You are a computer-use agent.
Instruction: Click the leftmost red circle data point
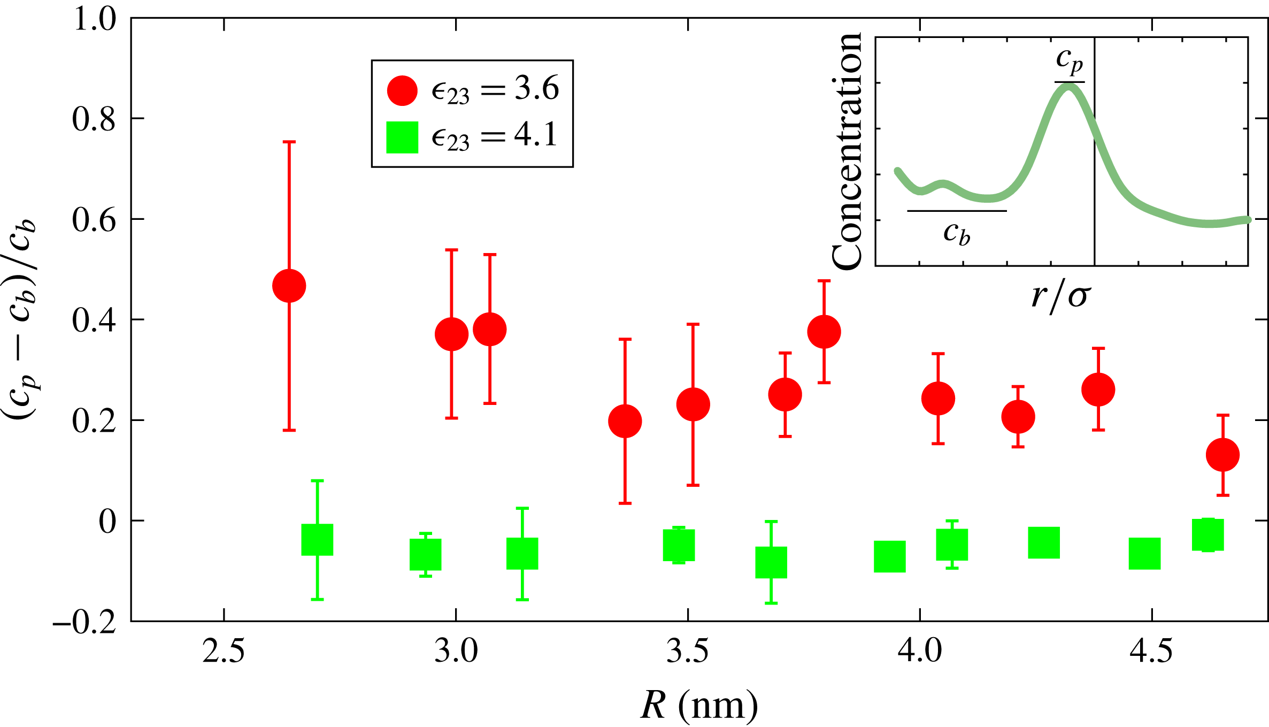pyautogui.click(x=289, y=286)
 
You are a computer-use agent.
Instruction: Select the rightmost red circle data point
pyautogui.click(x=1223, y=455)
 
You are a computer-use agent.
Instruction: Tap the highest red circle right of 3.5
pyautogui.click(x=824, y=332)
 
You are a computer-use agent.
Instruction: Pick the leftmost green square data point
pyautogui.click(x=317, y=540)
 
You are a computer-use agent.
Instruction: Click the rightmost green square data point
pyautogui.click(x=1208, y=535)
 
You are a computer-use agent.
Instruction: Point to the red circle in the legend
pyautogui.click(x=402, y=90)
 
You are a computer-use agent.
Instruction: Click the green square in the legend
pyautogui.click(x=402, y=137)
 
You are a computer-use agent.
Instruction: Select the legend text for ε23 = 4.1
pyautogui.click(x=495, y=136)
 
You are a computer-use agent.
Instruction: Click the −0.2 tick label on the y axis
pyautogui.click(x=84, y=622)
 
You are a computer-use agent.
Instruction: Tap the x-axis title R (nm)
pyautogui.click(x=699, y=705)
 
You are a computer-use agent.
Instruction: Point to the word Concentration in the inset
pyautogui.click(x=847, y=151)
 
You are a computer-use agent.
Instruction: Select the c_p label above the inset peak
pyautogui.click(x=1070, y=60)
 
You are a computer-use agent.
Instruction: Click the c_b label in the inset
pyautogui.click(x=957, y=233)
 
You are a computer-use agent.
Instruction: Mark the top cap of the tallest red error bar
pyautogui.click(x=289, y=142)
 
